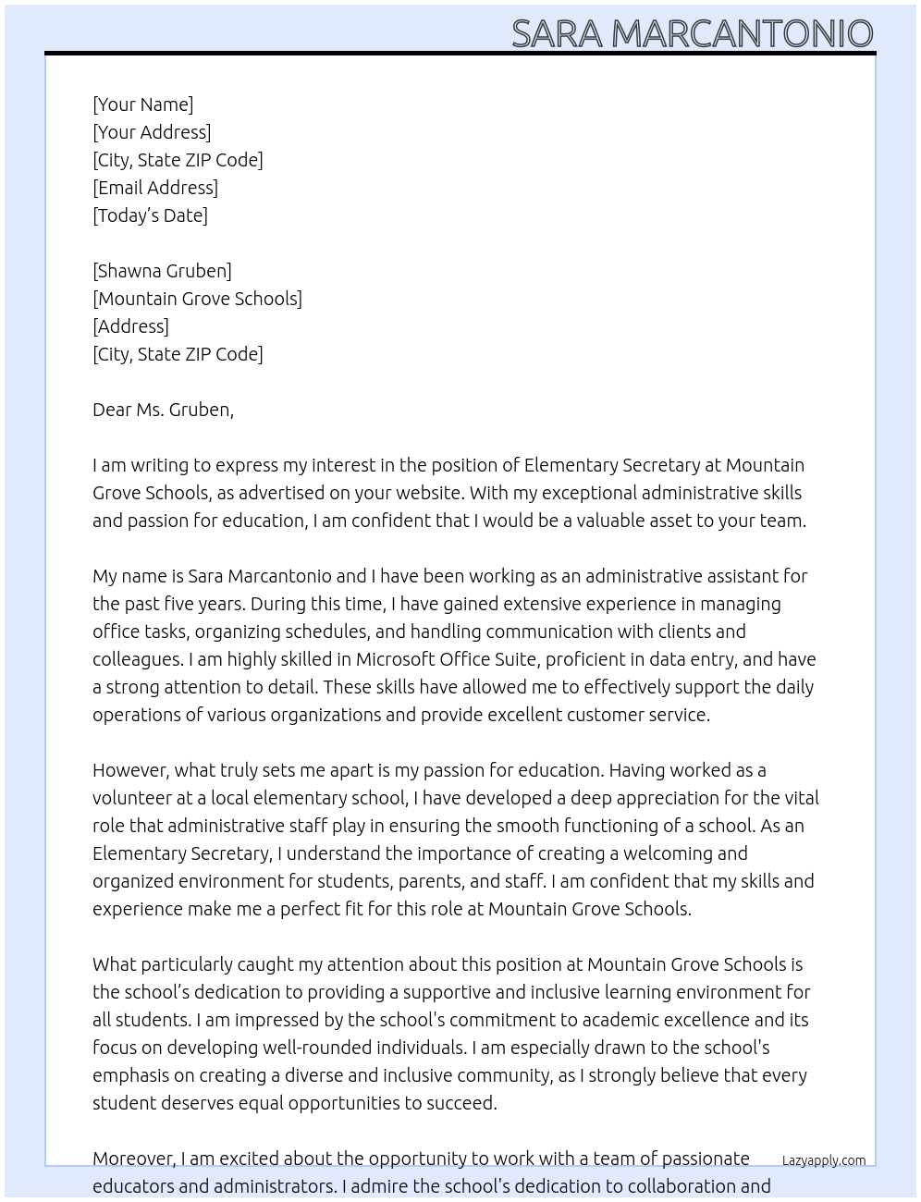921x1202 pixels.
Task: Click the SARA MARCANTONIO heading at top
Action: tap(692, 33)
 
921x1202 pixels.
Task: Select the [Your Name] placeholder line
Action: tap(142, 104)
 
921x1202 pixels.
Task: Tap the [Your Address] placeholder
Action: tap(152, 132)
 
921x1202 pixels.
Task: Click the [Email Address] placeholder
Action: tap(155, 188)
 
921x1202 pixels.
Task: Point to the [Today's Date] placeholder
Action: tap(150, 215)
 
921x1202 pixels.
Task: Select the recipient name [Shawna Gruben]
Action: tap(162, 271)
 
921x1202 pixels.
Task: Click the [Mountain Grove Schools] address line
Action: tap(197, 299)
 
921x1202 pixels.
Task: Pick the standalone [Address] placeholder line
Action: tap(130, 326)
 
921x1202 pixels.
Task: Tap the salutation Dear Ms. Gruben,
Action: tap(163, 410)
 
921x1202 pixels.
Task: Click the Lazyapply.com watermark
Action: tap(824, 1160)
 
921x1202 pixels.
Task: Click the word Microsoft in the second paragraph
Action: tap(395, 659)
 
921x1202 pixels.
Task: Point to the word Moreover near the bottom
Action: tap(134, 1159)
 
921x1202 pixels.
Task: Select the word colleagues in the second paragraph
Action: tap(137, 659)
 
